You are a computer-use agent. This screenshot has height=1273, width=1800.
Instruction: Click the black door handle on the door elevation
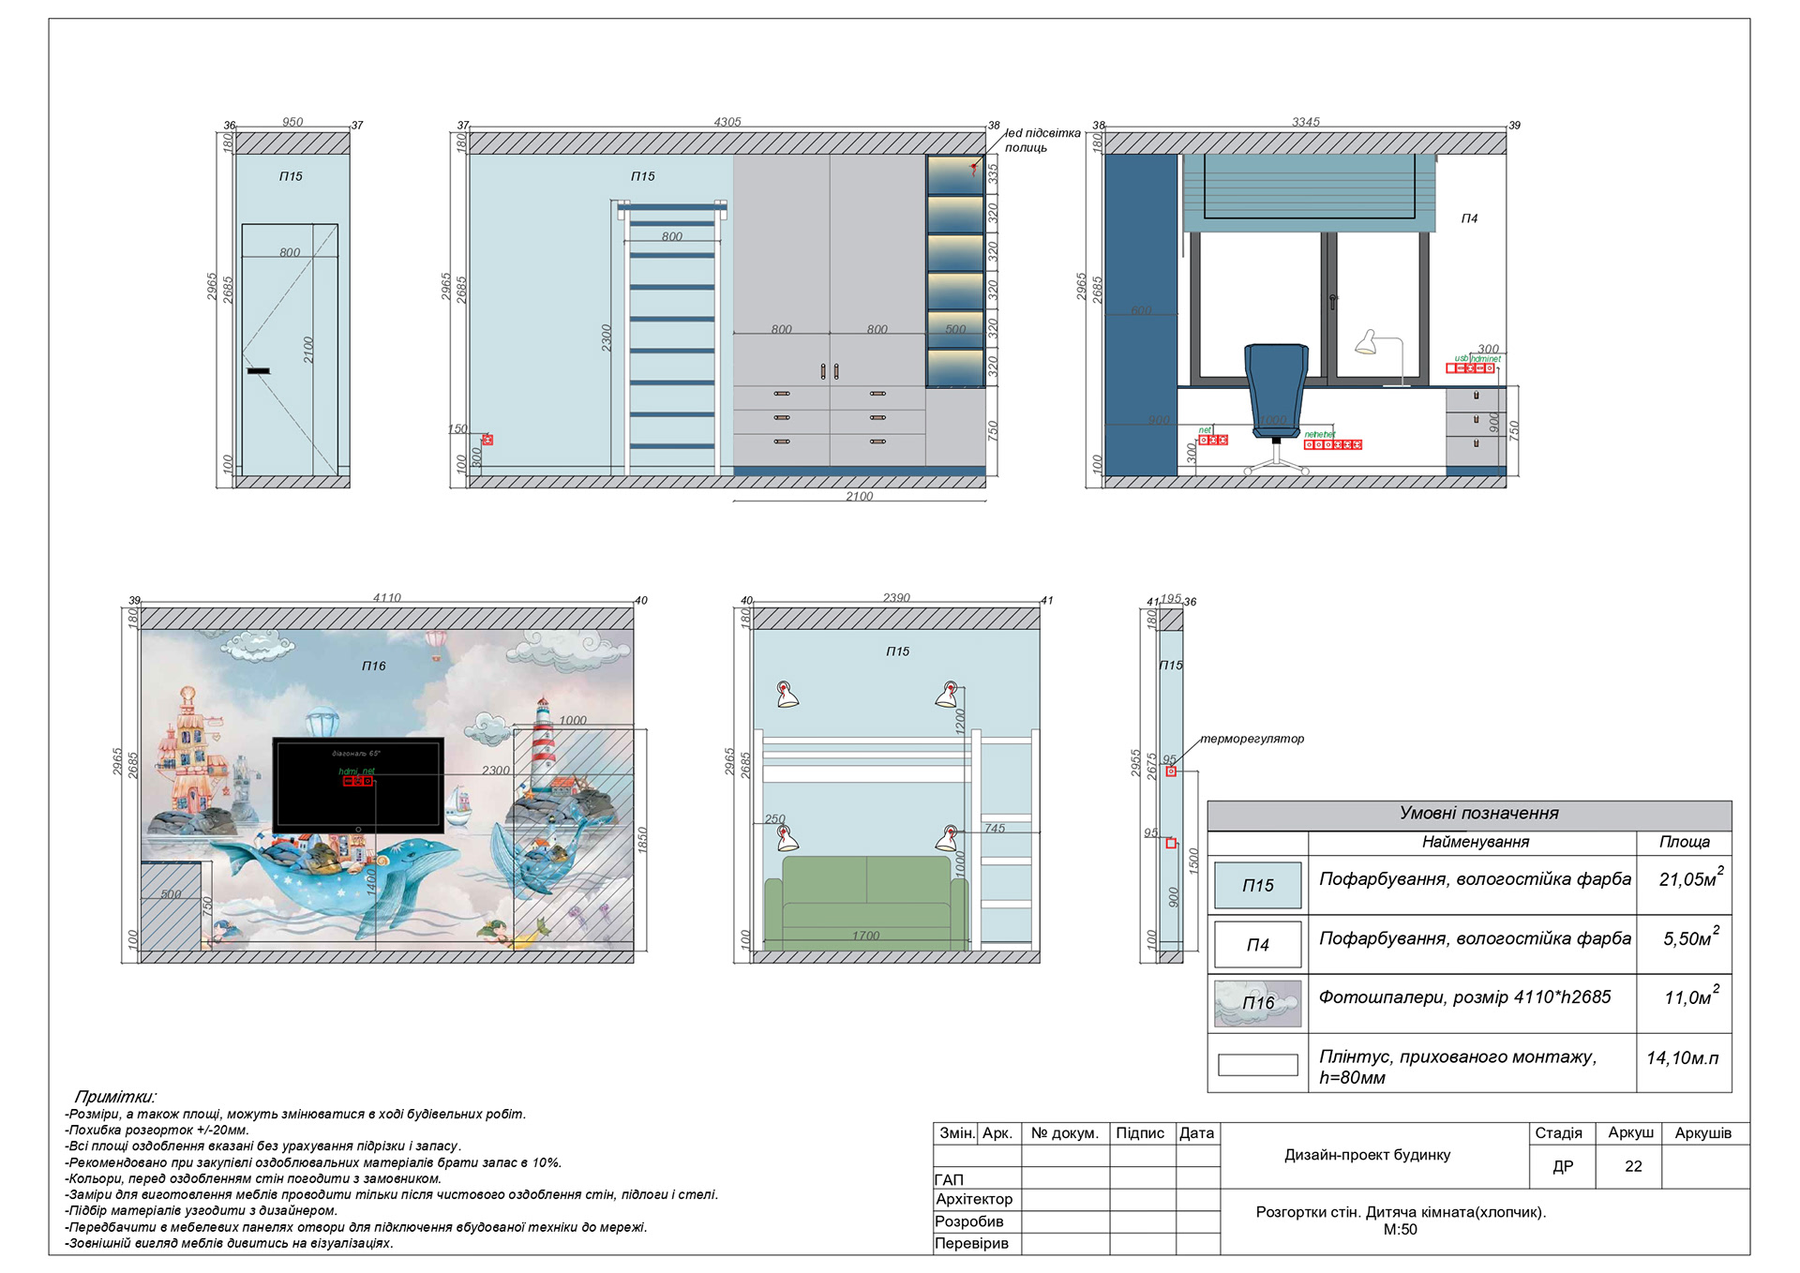[x=258, y=371]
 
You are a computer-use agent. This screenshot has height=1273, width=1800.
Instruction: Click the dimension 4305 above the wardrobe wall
[x=727, y=122]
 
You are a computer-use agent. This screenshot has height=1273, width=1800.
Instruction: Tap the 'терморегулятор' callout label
[x=1252, y=739]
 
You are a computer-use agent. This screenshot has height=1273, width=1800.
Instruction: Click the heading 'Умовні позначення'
[x=1478, y=814]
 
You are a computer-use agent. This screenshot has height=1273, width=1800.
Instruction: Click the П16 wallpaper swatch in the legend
[x=1257, y=1003]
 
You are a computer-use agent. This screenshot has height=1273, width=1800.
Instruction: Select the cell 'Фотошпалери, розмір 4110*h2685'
[x=1464, y=997]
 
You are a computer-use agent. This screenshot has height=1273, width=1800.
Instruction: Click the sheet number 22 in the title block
[x=1633, y=1166]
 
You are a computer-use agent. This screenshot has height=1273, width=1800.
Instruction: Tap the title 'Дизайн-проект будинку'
[x=1367, y=1155]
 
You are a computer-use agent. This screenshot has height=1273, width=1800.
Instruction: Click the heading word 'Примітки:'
[x=115, y=1097]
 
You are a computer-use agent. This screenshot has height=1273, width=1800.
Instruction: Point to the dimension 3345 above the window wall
[x=1305, y=122]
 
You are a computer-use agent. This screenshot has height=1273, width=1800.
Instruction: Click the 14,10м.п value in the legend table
[x=1683, y=1058]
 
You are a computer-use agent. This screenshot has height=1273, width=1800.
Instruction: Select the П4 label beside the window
[x=1469, y=218]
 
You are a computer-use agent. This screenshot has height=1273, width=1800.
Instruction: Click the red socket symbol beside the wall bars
[x=487, y=440]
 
